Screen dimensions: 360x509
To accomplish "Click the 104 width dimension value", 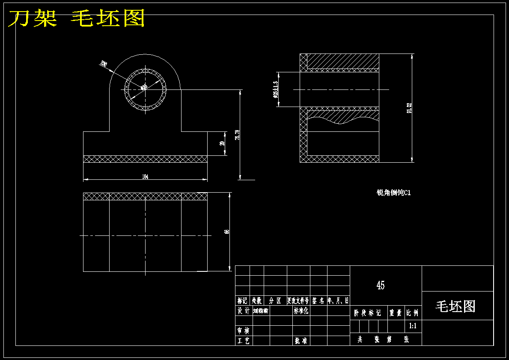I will pos(145,176).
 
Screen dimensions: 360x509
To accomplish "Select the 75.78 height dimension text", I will pos(237,135).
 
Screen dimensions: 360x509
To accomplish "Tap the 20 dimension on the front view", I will pos(222,143).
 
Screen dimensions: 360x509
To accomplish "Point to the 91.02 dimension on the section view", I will pos(409,108).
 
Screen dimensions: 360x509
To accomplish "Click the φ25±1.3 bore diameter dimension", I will pos(275,90).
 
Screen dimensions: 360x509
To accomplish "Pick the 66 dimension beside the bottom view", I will pos(227,232).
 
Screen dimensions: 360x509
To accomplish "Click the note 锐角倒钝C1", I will pos(393,193).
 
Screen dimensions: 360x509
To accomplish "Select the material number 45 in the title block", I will pos(380,285).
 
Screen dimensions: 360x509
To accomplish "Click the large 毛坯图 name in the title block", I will pos(455,306).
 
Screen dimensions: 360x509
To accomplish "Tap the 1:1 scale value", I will pos(413,326).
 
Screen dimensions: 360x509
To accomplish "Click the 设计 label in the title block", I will pos(243,311).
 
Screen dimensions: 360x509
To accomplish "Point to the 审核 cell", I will pos(243,330).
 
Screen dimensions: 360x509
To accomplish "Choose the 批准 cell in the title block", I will pos(301,341).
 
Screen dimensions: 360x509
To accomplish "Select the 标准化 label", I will pos(301,311).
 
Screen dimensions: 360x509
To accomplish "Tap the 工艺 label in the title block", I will pos(243,341).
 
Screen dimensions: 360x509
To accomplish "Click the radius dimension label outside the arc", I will pos(103,64).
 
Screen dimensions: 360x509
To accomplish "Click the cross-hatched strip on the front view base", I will pos(145,159).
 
